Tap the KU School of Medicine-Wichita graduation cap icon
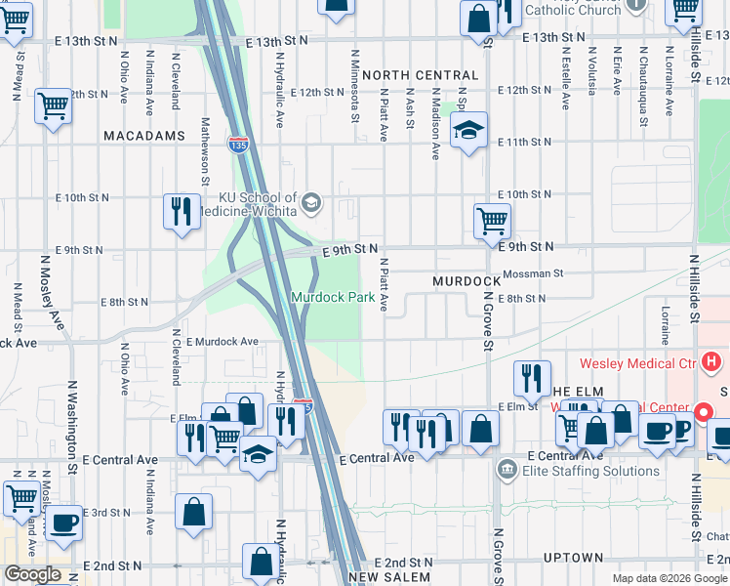[311, 203]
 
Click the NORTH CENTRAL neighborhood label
[420, 75]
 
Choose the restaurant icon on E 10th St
[181, 211]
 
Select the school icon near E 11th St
[468, 130]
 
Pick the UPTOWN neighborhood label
[574, 558]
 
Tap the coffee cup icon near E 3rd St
[63, 523]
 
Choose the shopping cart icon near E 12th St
[53, 105]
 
